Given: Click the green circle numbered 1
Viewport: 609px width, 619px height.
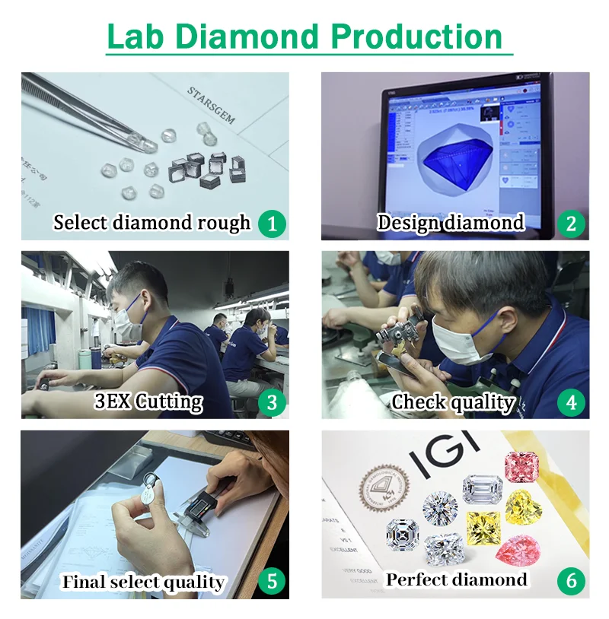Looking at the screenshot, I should click(272, 224).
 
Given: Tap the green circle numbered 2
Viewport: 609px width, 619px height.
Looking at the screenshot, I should click(571, 224).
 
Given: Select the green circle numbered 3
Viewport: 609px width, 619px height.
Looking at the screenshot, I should click(272, 402).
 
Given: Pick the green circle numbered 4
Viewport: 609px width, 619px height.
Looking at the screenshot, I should click(571, 402).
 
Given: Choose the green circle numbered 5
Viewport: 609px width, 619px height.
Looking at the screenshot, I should click(272, 582).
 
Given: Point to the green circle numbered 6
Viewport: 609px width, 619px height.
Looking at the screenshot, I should click(571, 582).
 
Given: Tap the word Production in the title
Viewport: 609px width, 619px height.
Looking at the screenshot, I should click(418, 37).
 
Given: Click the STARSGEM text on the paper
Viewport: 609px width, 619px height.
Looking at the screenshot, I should click(211, 105).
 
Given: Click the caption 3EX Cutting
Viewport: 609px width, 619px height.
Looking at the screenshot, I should click(148, 402).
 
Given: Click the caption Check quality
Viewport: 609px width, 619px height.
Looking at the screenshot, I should click(453, 402).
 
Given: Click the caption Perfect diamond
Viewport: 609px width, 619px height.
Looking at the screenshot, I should click(456, 580).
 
